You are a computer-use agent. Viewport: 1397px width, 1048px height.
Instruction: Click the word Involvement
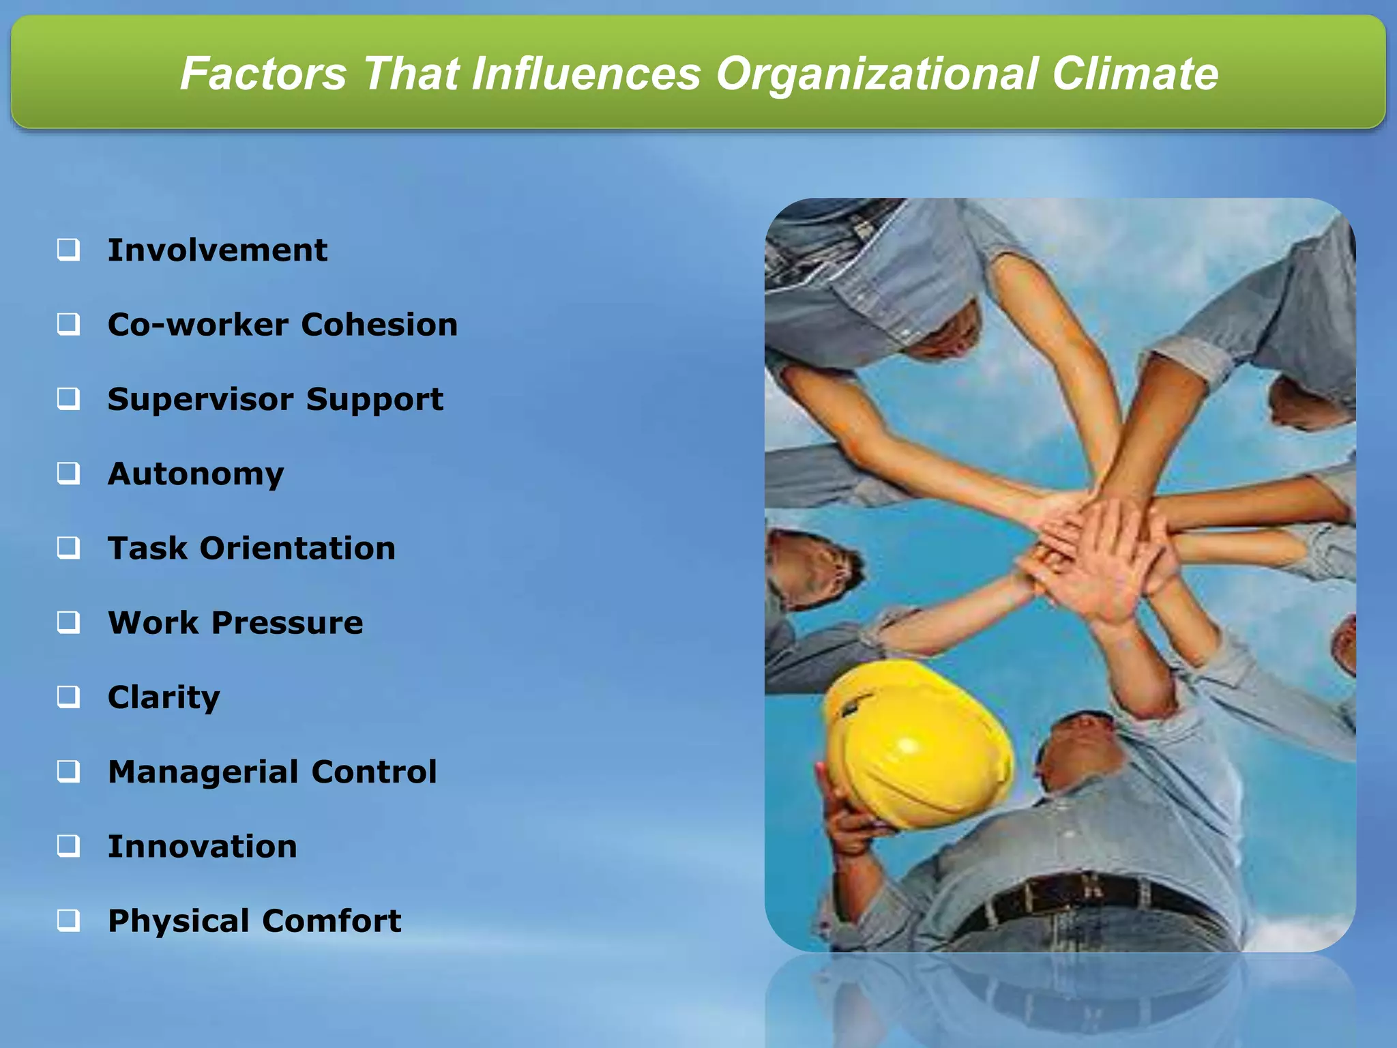(x=217, y=250)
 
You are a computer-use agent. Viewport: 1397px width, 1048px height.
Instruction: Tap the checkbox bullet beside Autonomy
(x=68, y=473)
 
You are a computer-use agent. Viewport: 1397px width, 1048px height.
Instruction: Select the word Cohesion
(x=379, y=325)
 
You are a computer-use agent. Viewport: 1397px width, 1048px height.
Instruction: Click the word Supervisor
(x=200, y=399)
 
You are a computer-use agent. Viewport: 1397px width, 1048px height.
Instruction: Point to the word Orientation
(x=297, y=549)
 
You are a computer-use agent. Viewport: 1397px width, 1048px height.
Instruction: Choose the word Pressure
(x=286, y=623)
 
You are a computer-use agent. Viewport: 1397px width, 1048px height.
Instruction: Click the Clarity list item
(x=164, y=697)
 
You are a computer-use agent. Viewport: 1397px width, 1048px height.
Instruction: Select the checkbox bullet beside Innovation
(x=68, y=846)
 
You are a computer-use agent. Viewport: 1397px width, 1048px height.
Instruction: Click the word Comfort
(x=332, y=921)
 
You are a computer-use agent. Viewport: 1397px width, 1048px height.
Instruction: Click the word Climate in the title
(x=1134, y=74)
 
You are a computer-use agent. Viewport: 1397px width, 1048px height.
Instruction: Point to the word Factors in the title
(x=263, y=74)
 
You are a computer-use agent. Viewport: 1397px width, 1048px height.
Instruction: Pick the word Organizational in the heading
(x=876, y=74)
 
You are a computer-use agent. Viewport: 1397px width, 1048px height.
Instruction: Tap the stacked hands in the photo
(x=1098, y=553)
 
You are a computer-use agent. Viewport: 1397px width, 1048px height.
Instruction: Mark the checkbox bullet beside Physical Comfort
(x=68, y=921)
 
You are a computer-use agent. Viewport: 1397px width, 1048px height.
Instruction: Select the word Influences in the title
(x=586, y=74)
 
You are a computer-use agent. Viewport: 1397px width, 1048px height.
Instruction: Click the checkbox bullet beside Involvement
(x=68, y=250)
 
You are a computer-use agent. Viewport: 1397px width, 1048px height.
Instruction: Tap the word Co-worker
(x=197, y=325)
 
